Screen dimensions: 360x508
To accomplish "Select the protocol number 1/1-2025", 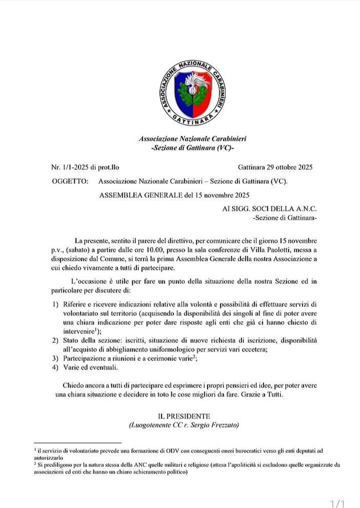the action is (75, 167).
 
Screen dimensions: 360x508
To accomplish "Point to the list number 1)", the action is (56, 303).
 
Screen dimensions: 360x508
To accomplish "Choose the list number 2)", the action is (56, 341).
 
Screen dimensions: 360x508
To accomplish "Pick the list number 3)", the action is (56, 358).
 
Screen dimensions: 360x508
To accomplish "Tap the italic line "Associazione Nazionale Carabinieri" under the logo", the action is (192, 139).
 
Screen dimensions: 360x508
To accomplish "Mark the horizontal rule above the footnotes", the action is (78, 442).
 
